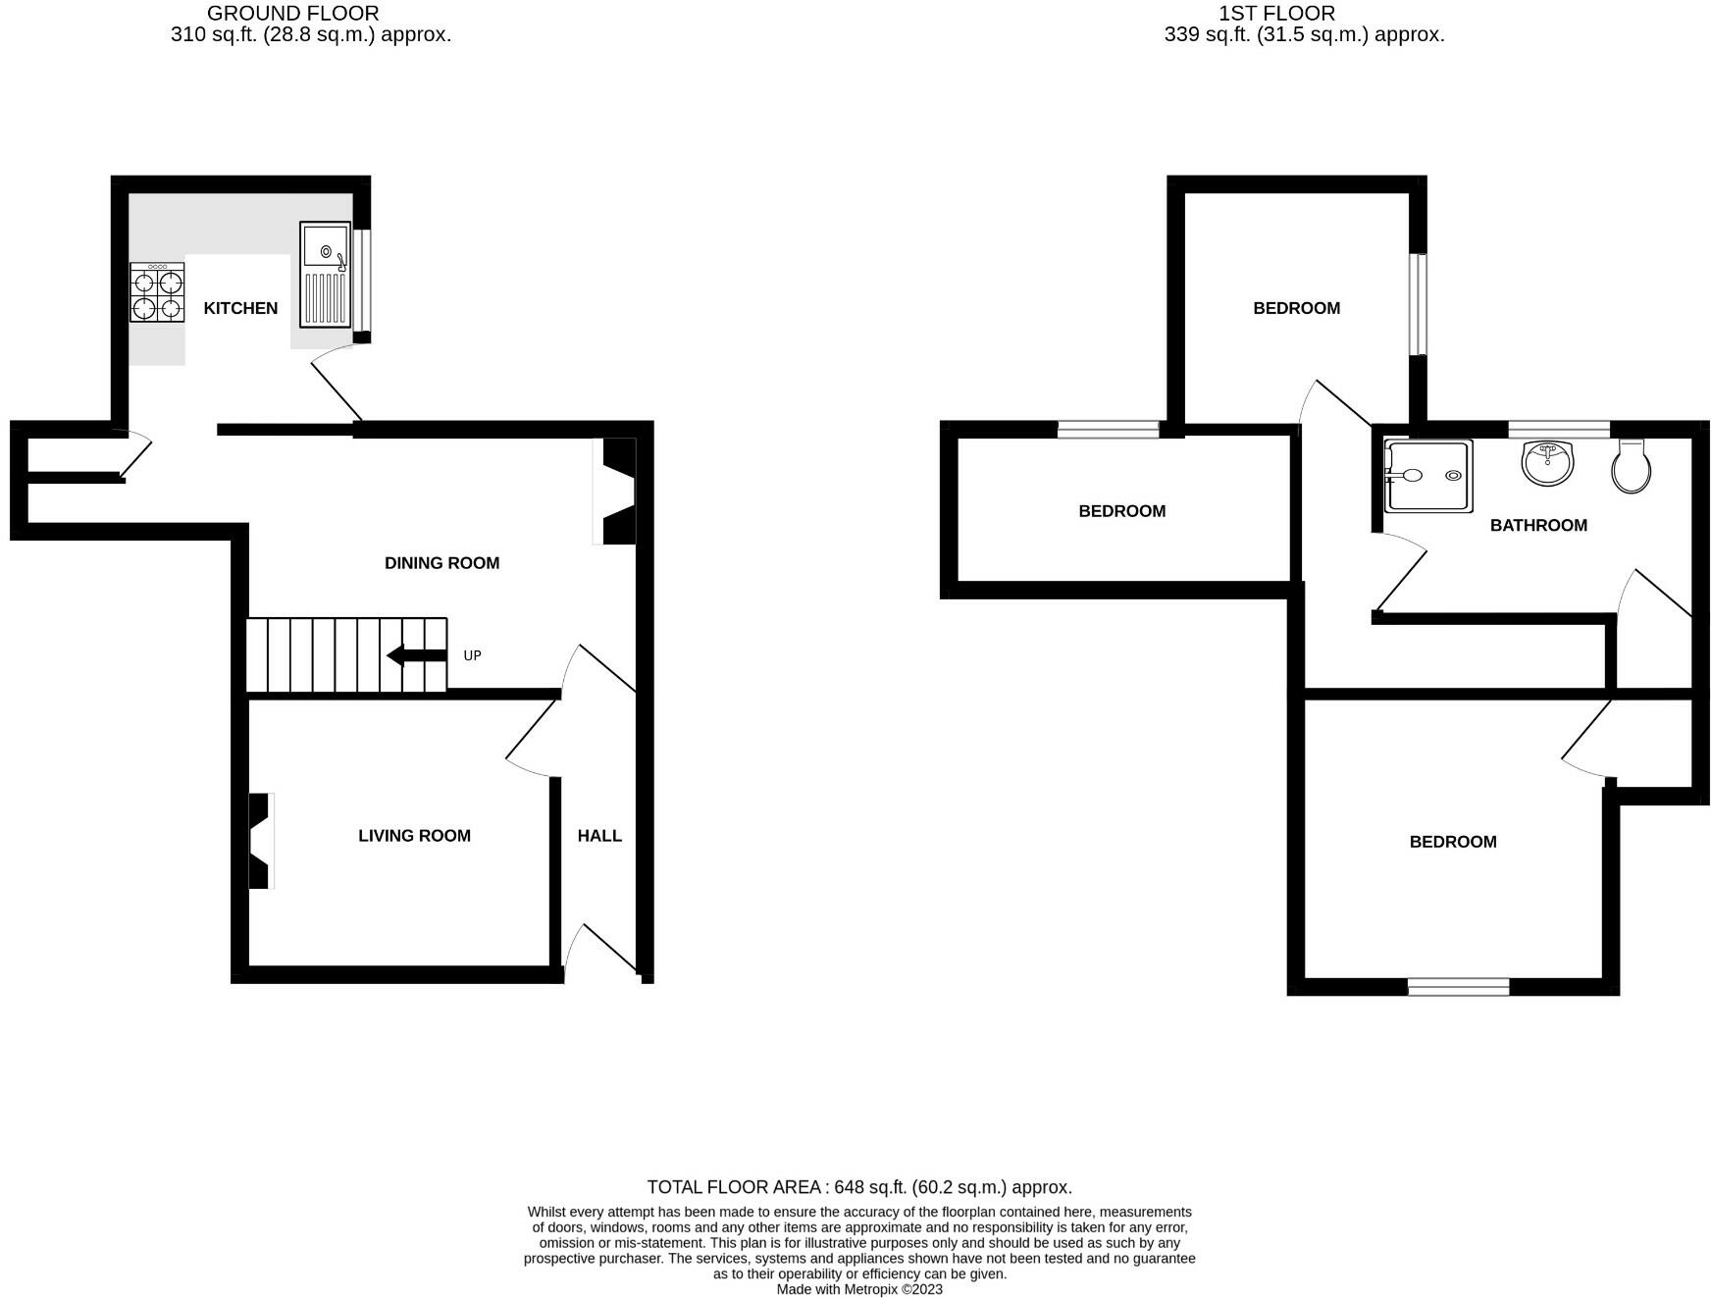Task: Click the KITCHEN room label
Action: tap(240, 308)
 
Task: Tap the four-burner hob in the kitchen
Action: tap(157, 292)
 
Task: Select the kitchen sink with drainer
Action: tap(326, 274)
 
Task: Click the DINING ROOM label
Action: tap(441, 563)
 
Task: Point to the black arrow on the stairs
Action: tap(417, 655)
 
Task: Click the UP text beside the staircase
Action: tap(472, 655)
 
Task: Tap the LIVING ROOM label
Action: tap(414, 836)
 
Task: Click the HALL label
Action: tap(599, 836)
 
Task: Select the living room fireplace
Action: tap(260, 841)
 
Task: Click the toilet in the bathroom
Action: tap(1631, 467)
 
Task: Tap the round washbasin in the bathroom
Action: tap(1548, 462)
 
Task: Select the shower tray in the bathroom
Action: tap(1428, 476)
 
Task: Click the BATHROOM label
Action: tap(1537, 526)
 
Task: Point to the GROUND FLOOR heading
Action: tap(292, 14)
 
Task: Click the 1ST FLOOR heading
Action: tap(1275, 14)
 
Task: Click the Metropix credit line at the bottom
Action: tap(858, 1289)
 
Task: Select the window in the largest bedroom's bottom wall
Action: tap(1458, 987)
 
